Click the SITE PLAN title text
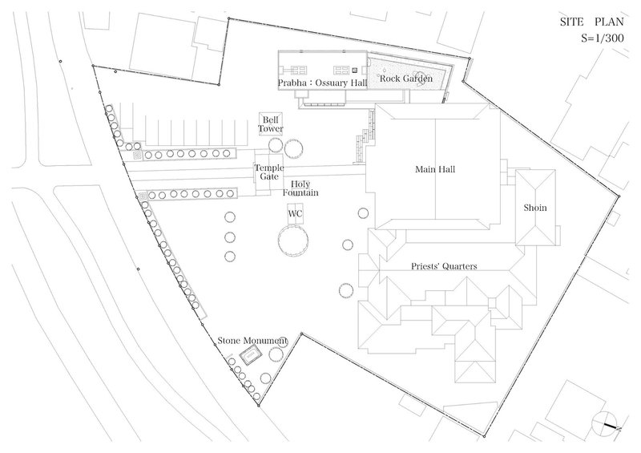click(592, 22)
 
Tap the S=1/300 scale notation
click(603, 38)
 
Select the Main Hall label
click(435, 169)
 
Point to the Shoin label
click(535, 208)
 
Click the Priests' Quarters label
click(444, 266)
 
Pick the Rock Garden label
click(406, 78)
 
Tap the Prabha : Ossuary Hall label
click(323, 83)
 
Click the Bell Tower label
click(270, 124)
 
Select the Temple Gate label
click(269, 172)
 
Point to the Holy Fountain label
click(300, 188)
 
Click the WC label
click(295, 213)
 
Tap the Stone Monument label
click(252, 341)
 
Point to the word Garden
click(417, 78)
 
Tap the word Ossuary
click(331, 83)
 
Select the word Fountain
click(300, 192)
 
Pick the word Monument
click(265, 341)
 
